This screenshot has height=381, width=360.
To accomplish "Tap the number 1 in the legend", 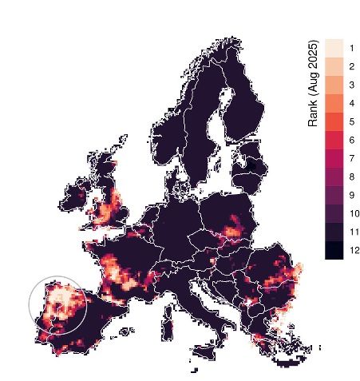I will (x=352, y=48).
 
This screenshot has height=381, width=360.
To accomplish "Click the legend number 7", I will (x=352, y=158).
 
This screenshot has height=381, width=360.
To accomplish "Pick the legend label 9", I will (x=352, y=195).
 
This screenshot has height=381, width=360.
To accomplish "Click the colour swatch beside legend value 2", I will (x=334, y=66).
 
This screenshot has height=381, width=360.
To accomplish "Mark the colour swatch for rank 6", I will (x=334, y=140).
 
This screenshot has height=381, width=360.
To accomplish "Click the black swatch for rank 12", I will (x=334, y=250).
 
